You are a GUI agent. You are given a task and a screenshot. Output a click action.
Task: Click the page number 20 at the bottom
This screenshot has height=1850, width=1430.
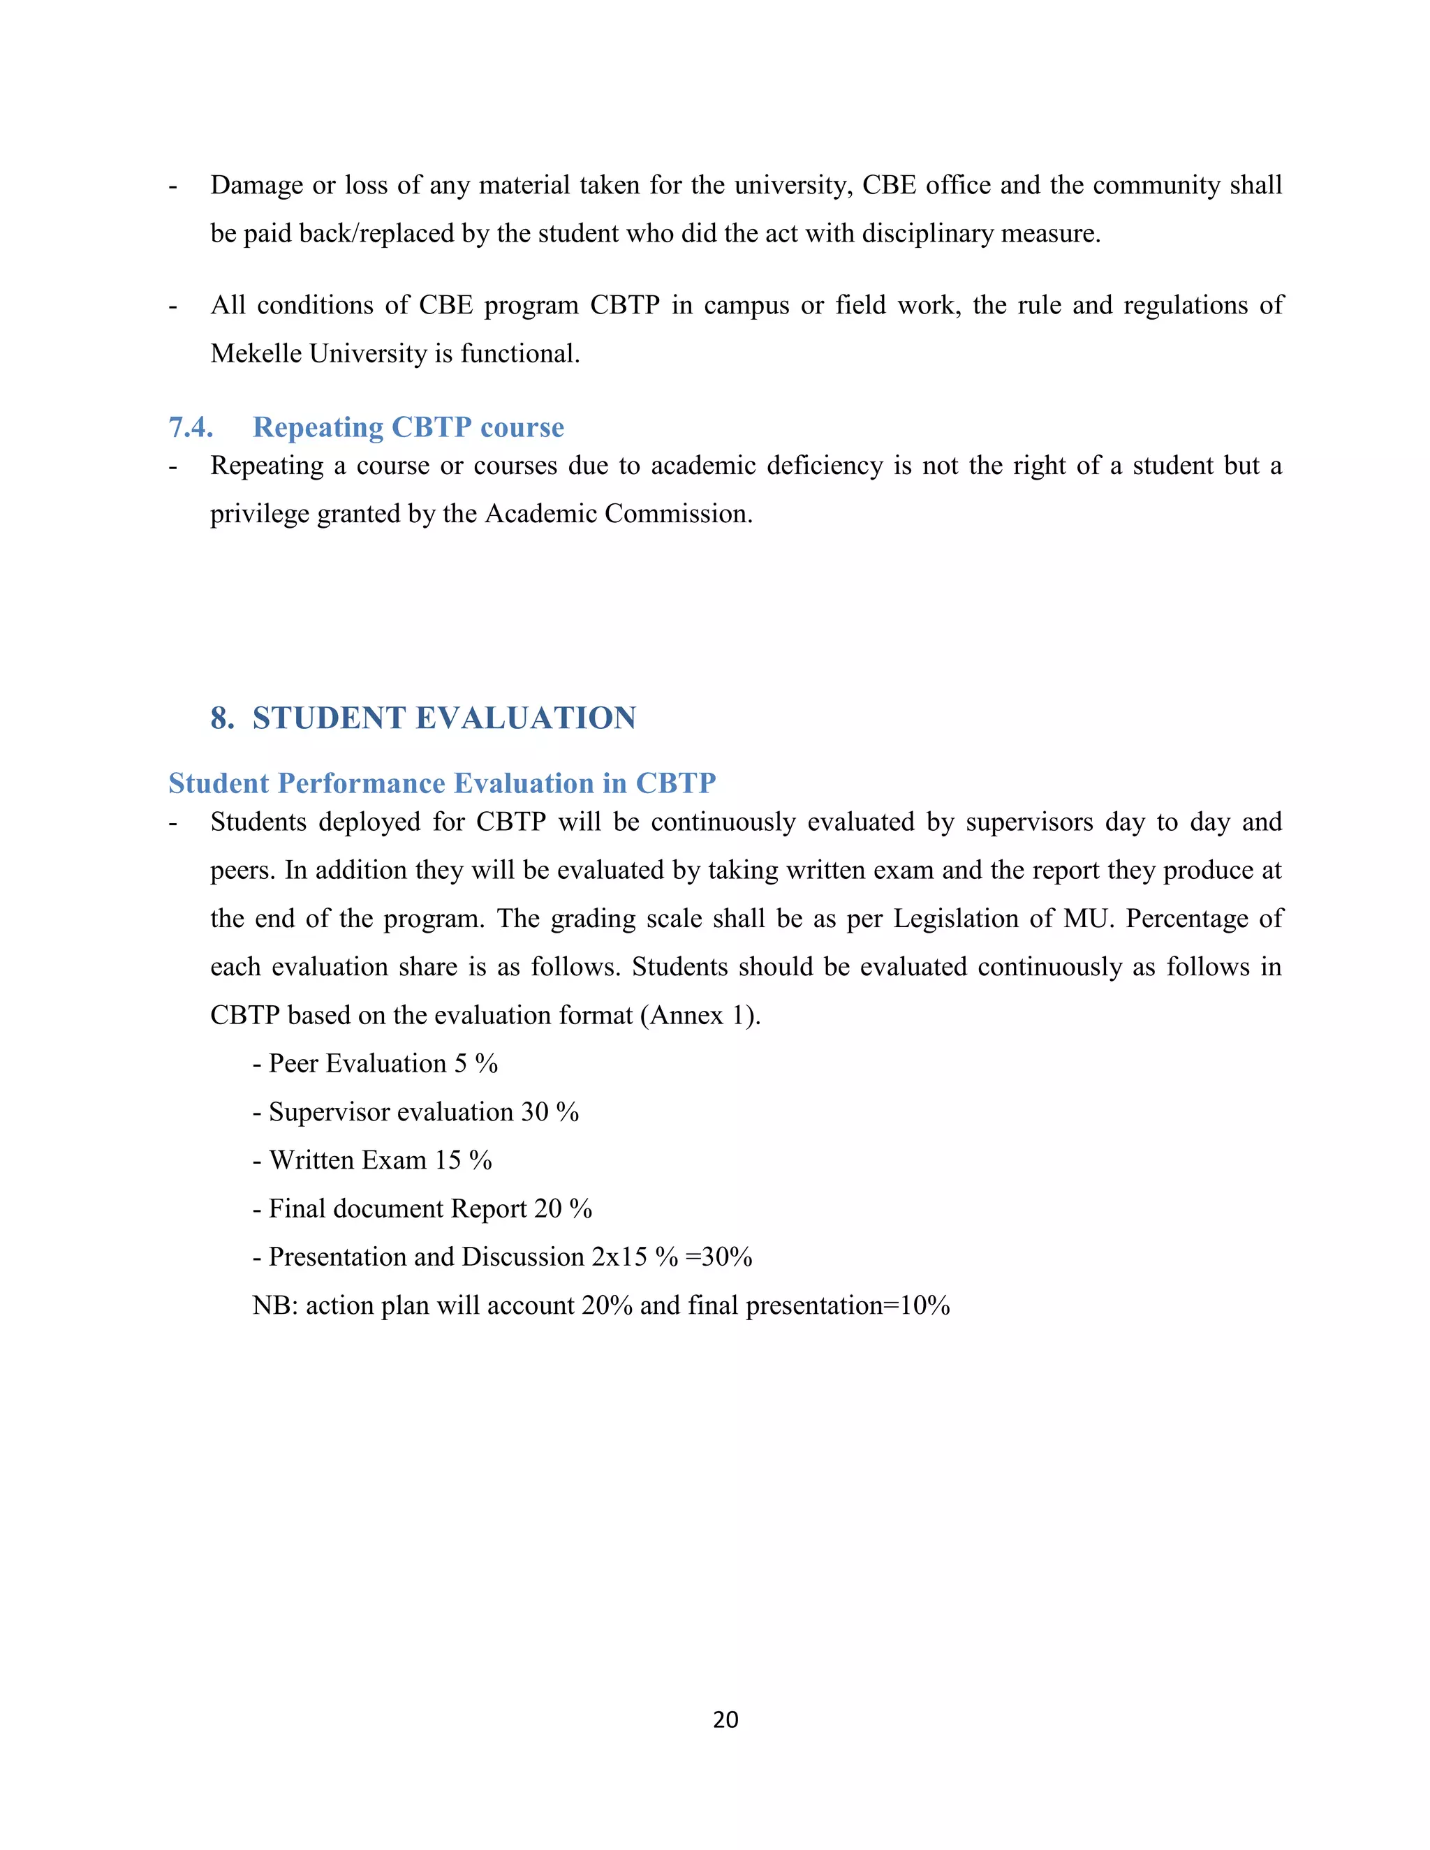[x=725, y=1719]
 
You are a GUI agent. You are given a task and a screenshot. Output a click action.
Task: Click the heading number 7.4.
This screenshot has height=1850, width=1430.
[x=191, y=427]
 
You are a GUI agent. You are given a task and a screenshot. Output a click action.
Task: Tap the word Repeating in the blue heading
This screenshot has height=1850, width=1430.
[x=317, y=427]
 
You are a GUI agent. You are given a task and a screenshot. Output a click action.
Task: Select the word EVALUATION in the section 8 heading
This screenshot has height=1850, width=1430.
[x=525, y=718]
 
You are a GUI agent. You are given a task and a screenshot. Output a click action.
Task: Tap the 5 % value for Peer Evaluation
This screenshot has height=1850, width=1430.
[x=476, y=1063]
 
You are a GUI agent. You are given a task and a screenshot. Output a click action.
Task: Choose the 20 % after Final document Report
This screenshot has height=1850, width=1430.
[x=563, y=1208]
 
